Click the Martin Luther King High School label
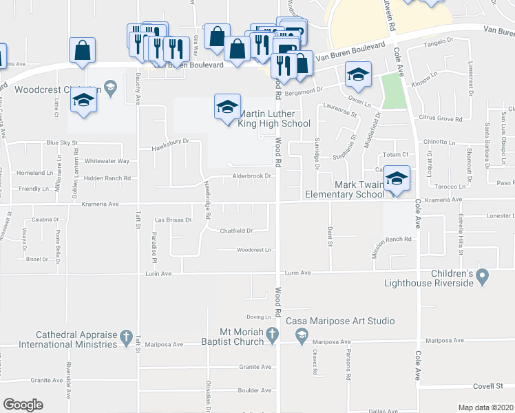(x=273, y=118)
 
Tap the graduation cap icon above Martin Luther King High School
(x=227, y=107)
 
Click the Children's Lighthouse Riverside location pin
(x=483, y=277)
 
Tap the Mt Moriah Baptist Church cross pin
(x=273, y=335)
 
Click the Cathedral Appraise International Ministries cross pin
(x=125, y=337)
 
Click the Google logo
(x=23, y=405)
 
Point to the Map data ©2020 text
(x=485, y=407)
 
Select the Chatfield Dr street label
(x=237, y=231)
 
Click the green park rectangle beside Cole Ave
(x=394, y=91)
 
